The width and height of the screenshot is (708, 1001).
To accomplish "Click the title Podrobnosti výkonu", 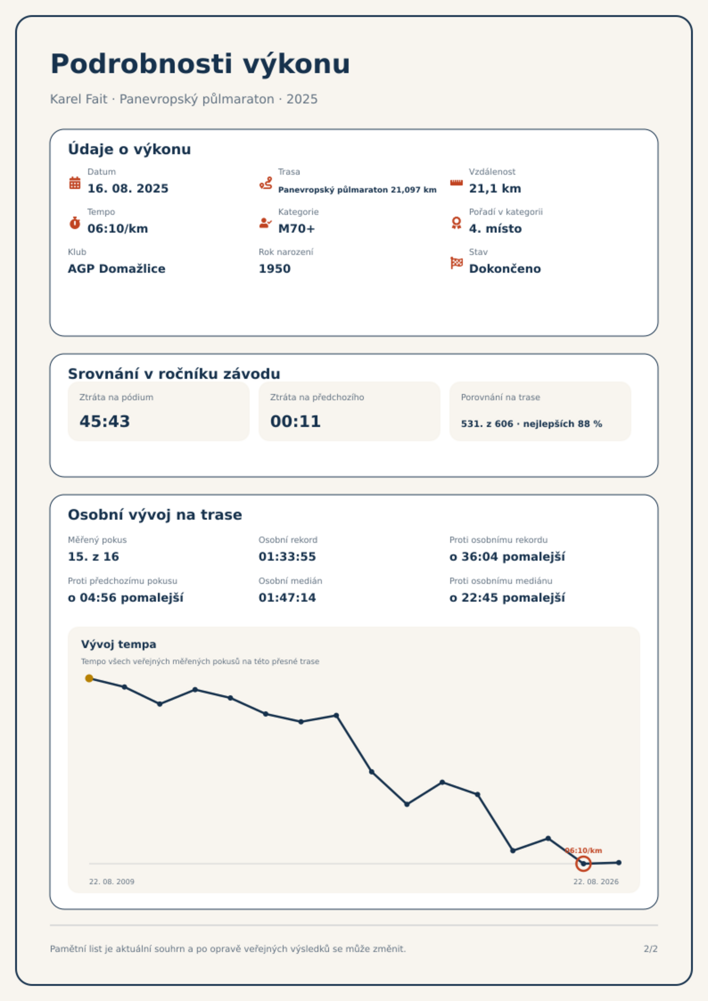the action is click(200, 64).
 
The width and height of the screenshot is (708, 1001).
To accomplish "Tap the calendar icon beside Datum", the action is click(75, 183).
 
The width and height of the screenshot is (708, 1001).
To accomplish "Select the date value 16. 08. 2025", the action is click(128, 189).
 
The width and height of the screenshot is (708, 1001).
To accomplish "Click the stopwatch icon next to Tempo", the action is click(75, 223).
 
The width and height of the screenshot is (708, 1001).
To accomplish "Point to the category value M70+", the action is click(296, 229).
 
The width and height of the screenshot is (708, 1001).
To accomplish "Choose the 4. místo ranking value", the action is click(495, 229).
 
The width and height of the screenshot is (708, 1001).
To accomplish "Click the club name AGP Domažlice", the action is click(117, 269).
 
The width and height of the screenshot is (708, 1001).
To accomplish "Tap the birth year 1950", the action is click(275, 269).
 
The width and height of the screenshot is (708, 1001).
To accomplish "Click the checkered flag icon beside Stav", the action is click(457, 263).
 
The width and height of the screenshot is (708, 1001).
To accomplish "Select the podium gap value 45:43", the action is click(105, 421).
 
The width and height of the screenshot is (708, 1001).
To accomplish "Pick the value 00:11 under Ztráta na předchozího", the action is click(296, 421).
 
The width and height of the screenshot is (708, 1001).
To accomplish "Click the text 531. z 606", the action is click(487, 424).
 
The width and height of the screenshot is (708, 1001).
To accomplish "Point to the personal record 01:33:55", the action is click(287, 557).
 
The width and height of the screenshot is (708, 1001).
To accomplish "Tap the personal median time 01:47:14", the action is click(287, 598).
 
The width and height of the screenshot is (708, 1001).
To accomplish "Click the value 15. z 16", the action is click(94, 557).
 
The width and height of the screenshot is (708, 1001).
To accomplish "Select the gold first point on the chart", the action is click(89, 678).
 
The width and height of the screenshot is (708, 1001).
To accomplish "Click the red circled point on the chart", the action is click(583, 864).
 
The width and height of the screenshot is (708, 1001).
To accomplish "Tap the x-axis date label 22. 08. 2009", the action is click(112, 882).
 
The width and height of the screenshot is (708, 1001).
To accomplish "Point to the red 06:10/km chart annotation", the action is click(584, 850).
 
